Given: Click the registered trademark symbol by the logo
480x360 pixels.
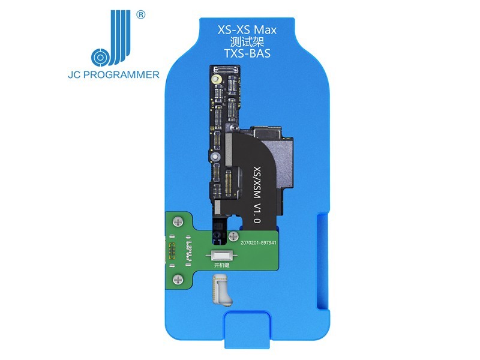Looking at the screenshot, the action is pyautogui.click(x=140, y=14).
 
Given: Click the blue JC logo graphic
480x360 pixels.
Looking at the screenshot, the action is pyautogui.click(x=111, y=38).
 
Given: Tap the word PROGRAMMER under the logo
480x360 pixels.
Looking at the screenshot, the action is pyautogui.click(x=121, y=74).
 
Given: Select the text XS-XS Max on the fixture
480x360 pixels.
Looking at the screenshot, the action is pyautogui.click(x=247, y=29).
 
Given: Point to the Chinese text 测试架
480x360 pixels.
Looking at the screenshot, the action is pyautogui.click(x=247, y=41).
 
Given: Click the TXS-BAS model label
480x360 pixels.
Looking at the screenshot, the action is pyautogui.click(x=247, y=53).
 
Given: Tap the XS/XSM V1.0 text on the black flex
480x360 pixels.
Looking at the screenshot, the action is pyautogui.click(x=257, y=195).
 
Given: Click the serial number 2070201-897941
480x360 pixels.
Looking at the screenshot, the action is pyautogui.click(x=259, y=243).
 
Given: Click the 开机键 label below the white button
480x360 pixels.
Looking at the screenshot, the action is pyautogui.click(x=221, y=265).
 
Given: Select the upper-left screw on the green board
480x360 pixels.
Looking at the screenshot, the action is pyautogui.click(x=178, y=221).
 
